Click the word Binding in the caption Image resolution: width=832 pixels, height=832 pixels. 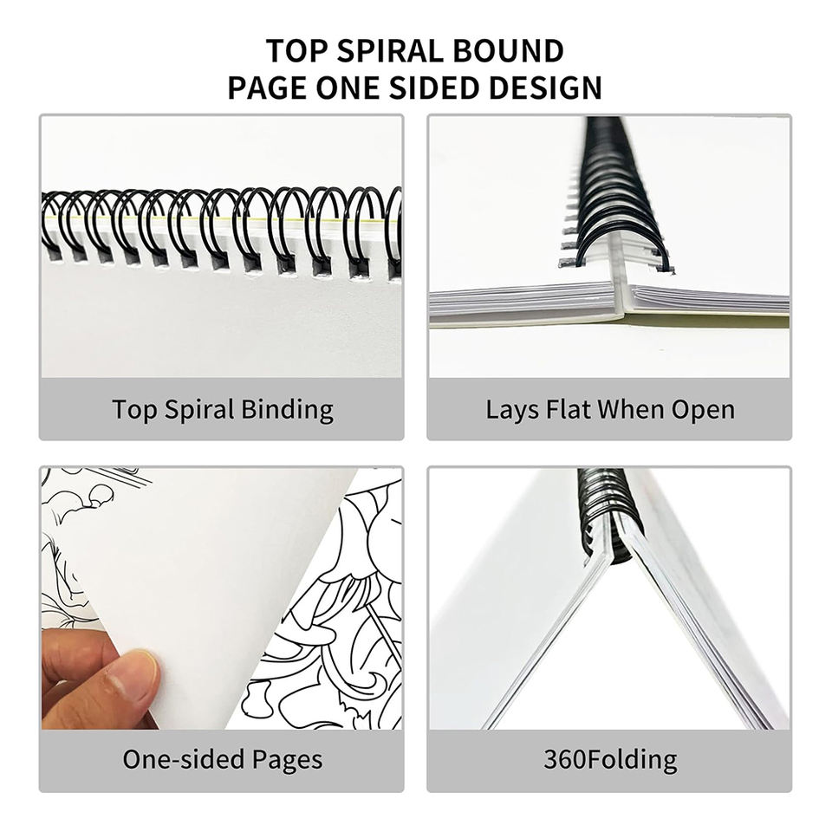point(287,411)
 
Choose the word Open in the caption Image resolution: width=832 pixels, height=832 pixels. point(703,411)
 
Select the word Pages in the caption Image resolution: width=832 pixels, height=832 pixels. point(287,760)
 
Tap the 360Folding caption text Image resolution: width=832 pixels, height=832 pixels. point(610,760)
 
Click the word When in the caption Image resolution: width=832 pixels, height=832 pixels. point(632,410)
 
